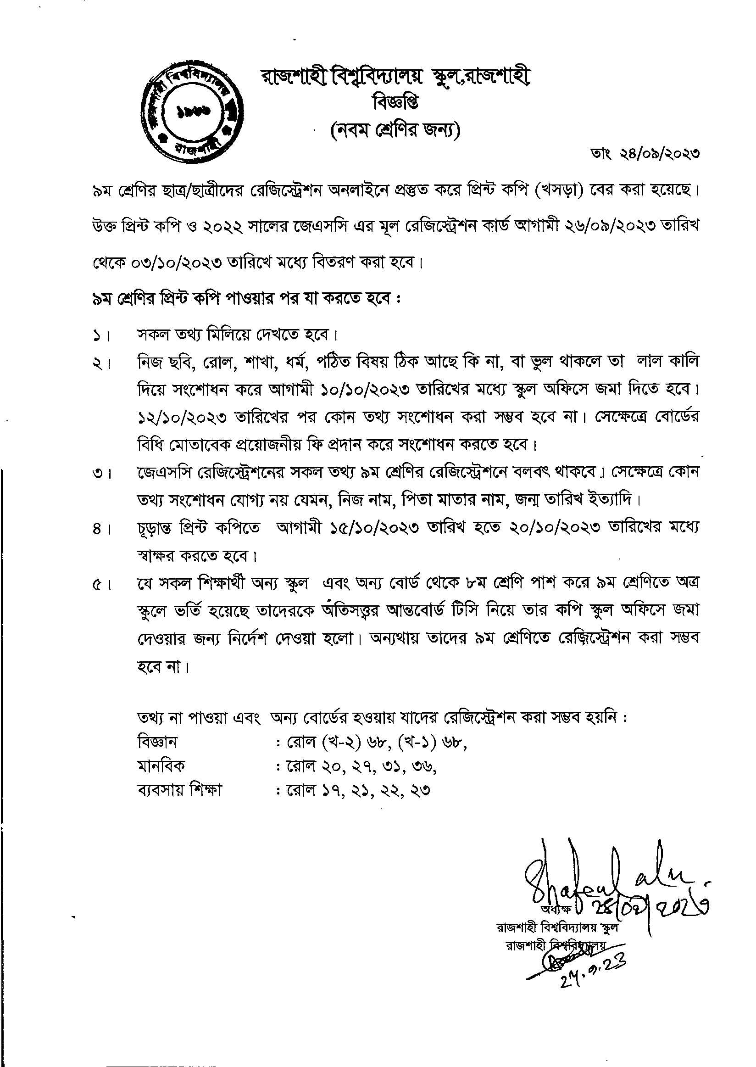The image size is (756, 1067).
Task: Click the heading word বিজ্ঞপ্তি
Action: (x=395, y=102)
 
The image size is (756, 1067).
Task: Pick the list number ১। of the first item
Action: (x=100, y=336)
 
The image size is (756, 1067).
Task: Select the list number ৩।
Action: (x=100, y=475)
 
